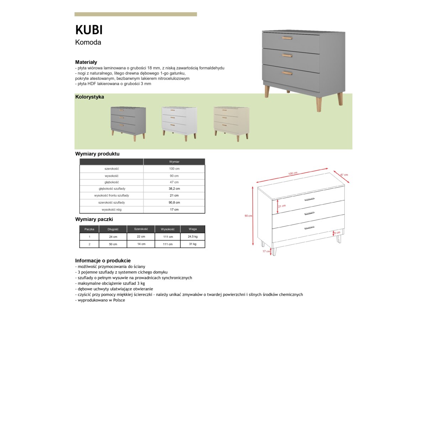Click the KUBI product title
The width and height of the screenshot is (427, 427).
click(x=89, y=30)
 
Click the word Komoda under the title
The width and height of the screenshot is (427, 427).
click(x=88, y=42)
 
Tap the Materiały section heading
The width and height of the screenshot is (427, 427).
click(x=86, y=62)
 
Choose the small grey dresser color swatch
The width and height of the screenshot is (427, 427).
click(x=128, y=123)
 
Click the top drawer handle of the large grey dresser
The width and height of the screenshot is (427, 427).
click(x=287, y=38)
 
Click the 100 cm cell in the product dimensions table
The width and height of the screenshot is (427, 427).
click(x=174, y=169)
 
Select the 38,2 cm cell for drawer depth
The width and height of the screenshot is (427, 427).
click(x=174, y=189)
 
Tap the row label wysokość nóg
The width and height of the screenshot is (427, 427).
click(x=111, y=210)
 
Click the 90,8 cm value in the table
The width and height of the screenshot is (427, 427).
click(x=174, y=202)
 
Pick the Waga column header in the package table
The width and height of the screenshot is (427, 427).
click(x=193, y=229)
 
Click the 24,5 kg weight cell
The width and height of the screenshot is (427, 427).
click(x=193, y=237)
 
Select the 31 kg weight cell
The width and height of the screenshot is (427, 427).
click(x=193, y=244)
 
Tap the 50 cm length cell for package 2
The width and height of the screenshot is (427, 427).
click(x=113, y=244)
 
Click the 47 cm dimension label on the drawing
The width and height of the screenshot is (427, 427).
click(x=344, y=175)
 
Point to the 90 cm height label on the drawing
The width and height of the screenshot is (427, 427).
click(x=248, y=216)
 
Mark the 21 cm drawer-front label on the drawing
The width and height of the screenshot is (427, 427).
click(x=282, y=206)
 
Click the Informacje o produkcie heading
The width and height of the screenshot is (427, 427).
click(x=103, y=260)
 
